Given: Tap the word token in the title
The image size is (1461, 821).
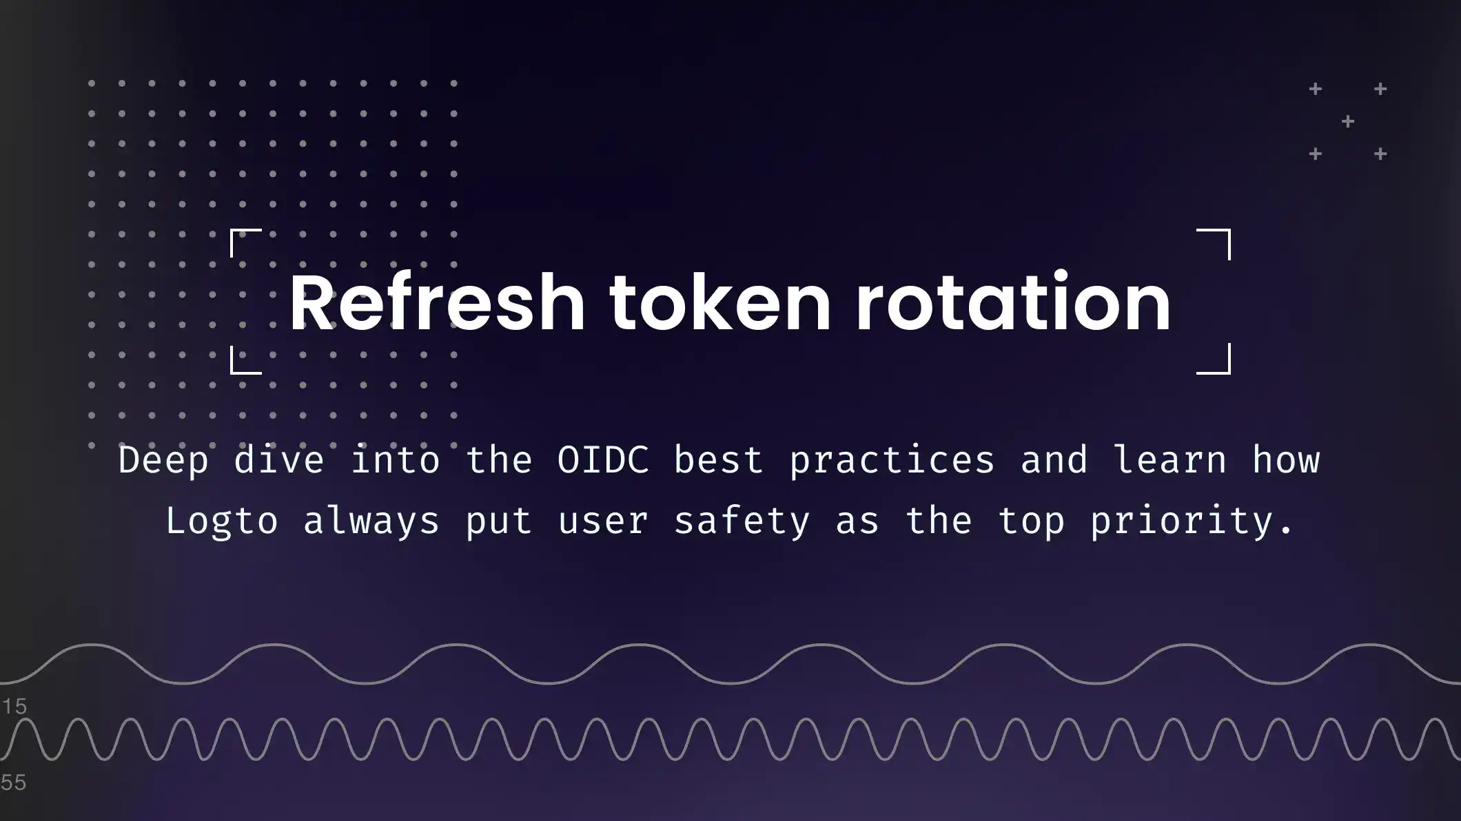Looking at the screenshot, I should [x=720, y=303].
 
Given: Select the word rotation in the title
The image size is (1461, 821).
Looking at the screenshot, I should [x=1013, y=303].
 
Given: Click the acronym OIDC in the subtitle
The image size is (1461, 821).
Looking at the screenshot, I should [x=603, y=459].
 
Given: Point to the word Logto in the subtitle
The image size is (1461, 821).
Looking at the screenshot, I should [x=222, y=520].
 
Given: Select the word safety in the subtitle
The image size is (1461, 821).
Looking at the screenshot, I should [x=742, y=521].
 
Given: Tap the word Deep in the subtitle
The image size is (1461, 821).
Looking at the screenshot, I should [x=163, y=460].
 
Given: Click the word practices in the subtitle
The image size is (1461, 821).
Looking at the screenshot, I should [x=892, y=460].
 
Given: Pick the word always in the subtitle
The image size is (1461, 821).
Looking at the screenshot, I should [x=371, y=521].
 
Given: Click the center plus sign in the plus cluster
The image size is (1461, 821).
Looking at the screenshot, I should [x=1348, y=122].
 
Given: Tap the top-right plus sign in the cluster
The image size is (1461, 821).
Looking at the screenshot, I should [x=1380, y=89].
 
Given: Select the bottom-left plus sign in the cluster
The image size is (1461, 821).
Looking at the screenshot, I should [x=1316, y=154].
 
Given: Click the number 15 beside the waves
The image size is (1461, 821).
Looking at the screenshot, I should [x=14, y=706].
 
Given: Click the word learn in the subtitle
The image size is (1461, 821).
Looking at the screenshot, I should [x=1169, y=459].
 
